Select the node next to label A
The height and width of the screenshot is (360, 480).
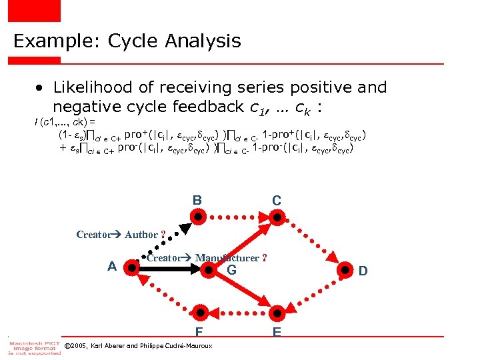pyautogui.click(x=133, y=268)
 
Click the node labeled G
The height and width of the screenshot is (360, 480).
pyautogui.click(x=210, y=269)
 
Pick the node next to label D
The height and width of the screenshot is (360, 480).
pyautogui.click(x=345, y=270)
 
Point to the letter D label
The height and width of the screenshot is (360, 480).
pyautogui.click(x=363, y=271)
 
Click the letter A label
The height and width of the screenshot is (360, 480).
pyautogui.click(x=113, y=266)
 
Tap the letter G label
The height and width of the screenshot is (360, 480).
pyautogui.click(x=231, y=270)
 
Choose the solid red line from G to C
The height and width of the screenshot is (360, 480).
pyautogui.click(x=243, y=243)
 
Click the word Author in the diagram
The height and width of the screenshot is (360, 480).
pyautogui.click(x=141, y=234)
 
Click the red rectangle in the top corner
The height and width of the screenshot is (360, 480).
pyautogui.click(x=33, y=10)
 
